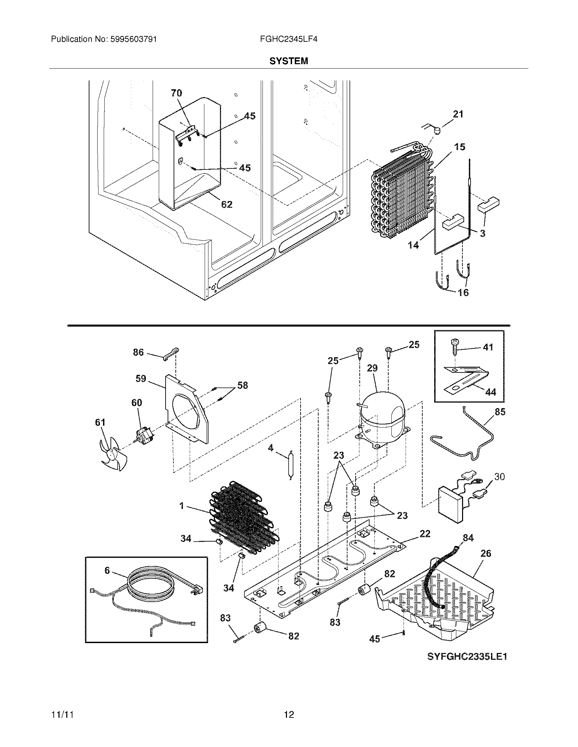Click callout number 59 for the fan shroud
click(x=140, y=379)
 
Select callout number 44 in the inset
click(x=490, y=392)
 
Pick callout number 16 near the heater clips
click(x=463, y=292)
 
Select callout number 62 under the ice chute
click(x=227, y=204)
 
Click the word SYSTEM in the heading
click(x=289, y=61)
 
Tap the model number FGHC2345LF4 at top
click(x=289, y=39)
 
